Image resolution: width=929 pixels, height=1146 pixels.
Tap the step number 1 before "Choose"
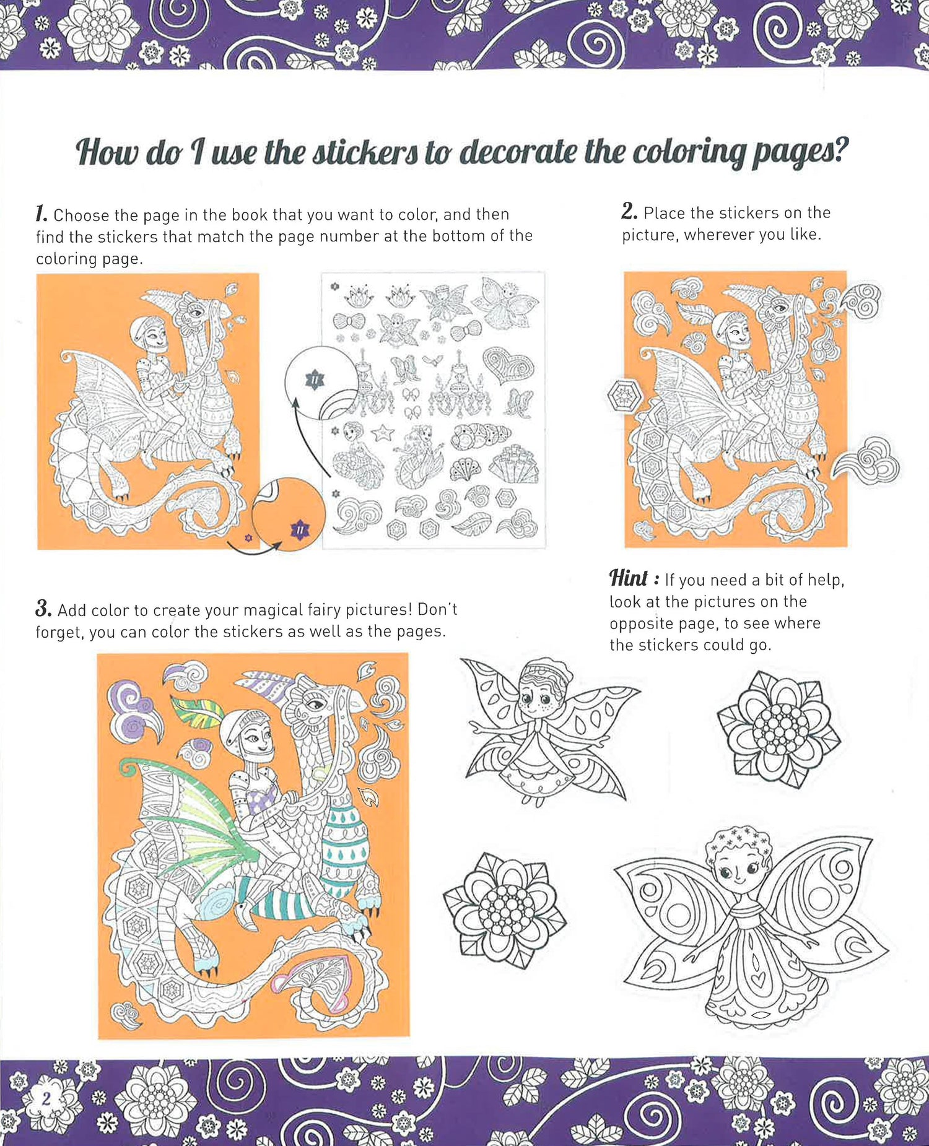pyautogui.click(x=41, y=214)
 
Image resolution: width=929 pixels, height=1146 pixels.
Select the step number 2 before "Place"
pyautogui.click(x=629, y=211)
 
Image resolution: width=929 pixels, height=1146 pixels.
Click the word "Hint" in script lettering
pyautogui.click(x=629, y=578)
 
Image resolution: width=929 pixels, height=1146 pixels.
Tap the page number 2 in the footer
pyautogui.click(x=46, y=1099)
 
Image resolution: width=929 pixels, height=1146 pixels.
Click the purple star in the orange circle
pyautogui.click(x=300, y=529)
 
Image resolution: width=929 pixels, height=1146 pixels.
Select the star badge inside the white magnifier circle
pyautogui.click(x=315, y=379)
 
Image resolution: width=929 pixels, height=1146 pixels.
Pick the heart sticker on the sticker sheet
pyautogui.click(x=508, y=365)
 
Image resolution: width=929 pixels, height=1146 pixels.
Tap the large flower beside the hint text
pyautogui.click(x=779, y=729)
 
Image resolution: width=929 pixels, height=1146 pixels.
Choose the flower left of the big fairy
pyautogui.click(x=505, y=909)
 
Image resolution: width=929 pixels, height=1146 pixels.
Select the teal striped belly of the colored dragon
pyautogui.click(x=346, y=848)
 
